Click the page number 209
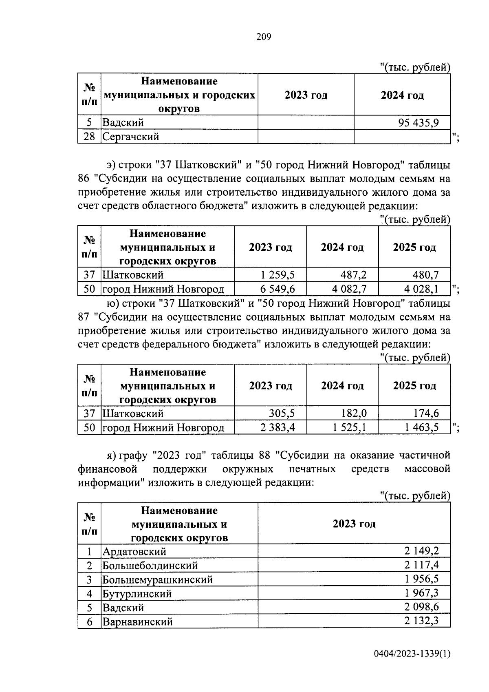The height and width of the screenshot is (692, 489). [x=264, y=37]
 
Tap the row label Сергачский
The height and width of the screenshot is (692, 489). [x=130, y=137]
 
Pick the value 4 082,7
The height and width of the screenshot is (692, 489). [x=349, y=289]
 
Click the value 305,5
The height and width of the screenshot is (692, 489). [x=282, y=413]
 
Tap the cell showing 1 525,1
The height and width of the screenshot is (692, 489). [x=349, y=427]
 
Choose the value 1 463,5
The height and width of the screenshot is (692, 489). [x=422, y=427]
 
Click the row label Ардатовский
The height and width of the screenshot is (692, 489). [x=134, y=552]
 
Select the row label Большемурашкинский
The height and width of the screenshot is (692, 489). [x=157, y=579]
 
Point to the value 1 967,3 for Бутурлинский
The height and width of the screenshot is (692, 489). [x=421, y=593]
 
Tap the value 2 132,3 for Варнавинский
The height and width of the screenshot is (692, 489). [x=421, y=621]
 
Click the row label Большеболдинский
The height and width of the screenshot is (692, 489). [x=150, y=566]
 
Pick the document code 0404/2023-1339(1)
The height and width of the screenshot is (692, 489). [x=412, y=654]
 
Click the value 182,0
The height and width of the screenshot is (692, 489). [x=353, y=413]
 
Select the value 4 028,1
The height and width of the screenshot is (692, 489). [x=422, y=289]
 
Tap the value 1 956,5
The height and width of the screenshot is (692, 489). [x=421, y=579]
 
